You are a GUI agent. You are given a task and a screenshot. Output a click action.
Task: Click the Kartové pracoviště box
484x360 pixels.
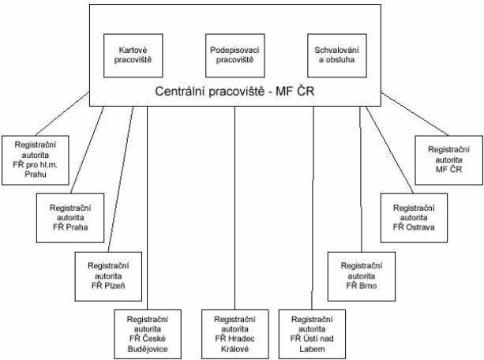click(133, 55)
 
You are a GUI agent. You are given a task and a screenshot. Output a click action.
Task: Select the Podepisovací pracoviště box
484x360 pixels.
click(235, 55)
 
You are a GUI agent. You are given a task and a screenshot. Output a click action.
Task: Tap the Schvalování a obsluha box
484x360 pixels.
click(337, 55)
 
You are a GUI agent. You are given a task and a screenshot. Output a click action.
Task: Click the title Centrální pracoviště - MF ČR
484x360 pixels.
click(234, 92)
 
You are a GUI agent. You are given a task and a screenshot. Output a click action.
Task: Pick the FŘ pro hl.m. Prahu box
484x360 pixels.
click(36, 160)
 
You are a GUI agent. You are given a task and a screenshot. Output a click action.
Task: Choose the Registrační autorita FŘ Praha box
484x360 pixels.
click(70, 218)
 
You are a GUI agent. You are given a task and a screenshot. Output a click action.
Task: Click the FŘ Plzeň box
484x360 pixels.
click(108, 276)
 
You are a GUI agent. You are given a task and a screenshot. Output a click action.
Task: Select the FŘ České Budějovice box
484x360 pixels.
click(148, 335)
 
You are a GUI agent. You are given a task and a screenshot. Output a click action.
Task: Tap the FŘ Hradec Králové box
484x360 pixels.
click(235, 335)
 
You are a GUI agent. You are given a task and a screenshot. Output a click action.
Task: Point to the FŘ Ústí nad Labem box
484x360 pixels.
click(312, 335)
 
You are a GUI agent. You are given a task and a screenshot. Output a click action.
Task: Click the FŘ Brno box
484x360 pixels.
click(361, 276)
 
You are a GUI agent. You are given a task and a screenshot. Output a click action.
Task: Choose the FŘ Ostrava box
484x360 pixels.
click(414, 218)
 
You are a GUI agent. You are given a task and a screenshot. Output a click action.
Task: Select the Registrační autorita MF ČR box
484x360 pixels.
click(448, 160)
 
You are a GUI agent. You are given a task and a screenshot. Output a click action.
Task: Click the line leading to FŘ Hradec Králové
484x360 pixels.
click(234, 208)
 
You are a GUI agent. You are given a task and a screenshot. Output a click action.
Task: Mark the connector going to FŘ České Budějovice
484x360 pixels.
click(147, 208)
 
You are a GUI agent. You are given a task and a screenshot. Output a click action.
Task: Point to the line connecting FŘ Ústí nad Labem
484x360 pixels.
click(313, 208)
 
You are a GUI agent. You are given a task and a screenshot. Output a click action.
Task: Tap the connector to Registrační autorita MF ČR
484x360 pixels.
click(415, 114)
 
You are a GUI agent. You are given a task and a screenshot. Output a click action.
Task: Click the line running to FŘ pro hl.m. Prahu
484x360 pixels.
click(62, 114)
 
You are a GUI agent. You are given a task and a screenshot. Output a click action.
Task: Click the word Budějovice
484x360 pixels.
click(148, 349)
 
